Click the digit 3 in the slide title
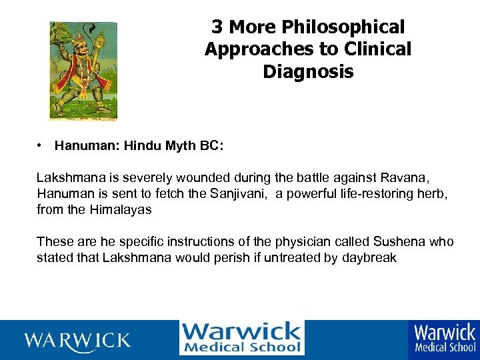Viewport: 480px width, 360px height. pyautogui.click(x=217, y=27)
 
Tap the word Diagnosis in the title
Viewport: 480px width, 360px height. pyautogui.click(x=308, y=71)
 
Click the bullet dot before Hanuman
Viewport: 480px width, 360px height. pyautogui.click(x=41, y=145)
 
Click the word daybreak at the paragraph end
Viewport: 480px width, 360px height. pyautogui.click(x=369, y=258)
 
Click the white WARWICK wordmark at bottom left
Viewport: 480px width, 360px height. pyautogui.click(x=77, y=341)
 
